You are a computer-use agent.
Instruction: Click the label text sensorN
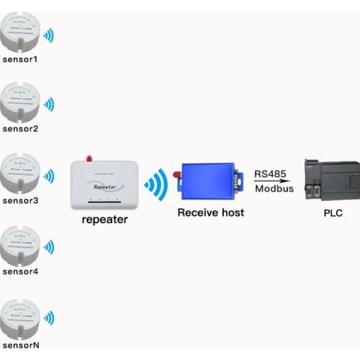(x=20, y=345)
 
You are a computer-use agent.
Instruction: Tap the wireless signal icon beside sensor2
(x=49, y=104)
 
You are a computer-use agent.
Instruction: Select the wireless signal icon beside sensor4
(x=49, y=248)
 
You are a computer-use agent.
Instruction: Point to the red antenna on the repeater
(x=89, y=157)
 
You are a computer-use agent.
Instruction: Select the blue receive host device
(x=209, y=181)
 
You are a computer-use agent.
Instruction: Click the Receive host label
(x=211, y=212)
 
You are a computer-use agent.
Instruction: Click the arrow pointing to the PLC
(x=274, y=181)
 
